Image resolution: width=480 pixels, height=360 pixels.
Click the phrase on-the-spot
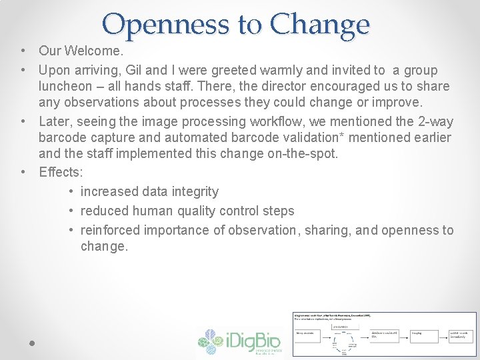pyautogui.click(x=321, y=153)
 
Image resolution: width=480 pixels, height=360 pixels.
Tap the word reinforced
pyautogui.click(x=109, y=230)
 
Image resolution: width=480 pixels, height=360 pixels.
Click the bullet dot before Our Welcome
pyautogui.click(x=23, y=51)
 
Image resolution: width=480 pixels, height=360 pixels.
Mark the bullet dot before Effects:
pyautogui.click(x=23, y=172)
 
